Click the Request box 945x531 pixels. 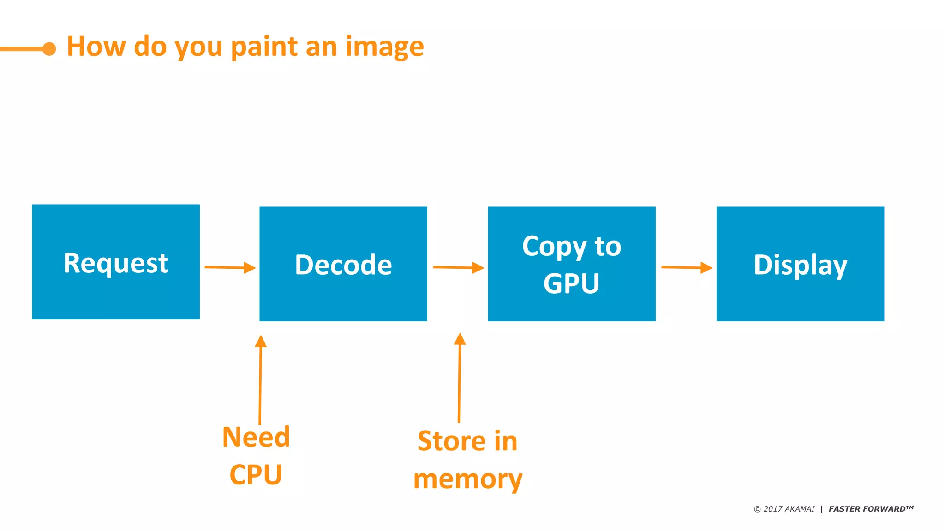(x=116, y=262)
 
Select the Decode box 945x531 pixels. (x=343, y=264)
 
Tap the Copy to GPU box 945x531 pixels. (x=572, y=264)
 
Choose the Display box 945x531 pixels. (x=800, y=264)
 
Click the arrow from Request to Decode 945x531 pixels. (x=230, y=267)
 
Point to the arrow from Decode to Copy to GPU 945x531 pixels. (x=458, y=267)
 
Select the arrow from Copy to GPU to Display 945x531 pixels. (x=687, y=267)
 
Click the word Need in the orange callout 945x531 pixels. (x=256, y=437)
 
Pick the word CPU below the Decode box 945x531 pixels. (x=256, y=475)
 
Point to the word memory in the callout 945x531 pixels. (x=468, y=479)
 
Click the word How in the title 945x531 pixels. (x=96, y=47)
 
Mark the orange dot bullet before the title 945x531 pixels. (x=49, y=48)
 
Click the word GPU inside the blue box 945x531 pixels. (x=571, y=283)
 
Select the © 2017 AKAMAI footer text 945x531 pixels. (x=784, y=509)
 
